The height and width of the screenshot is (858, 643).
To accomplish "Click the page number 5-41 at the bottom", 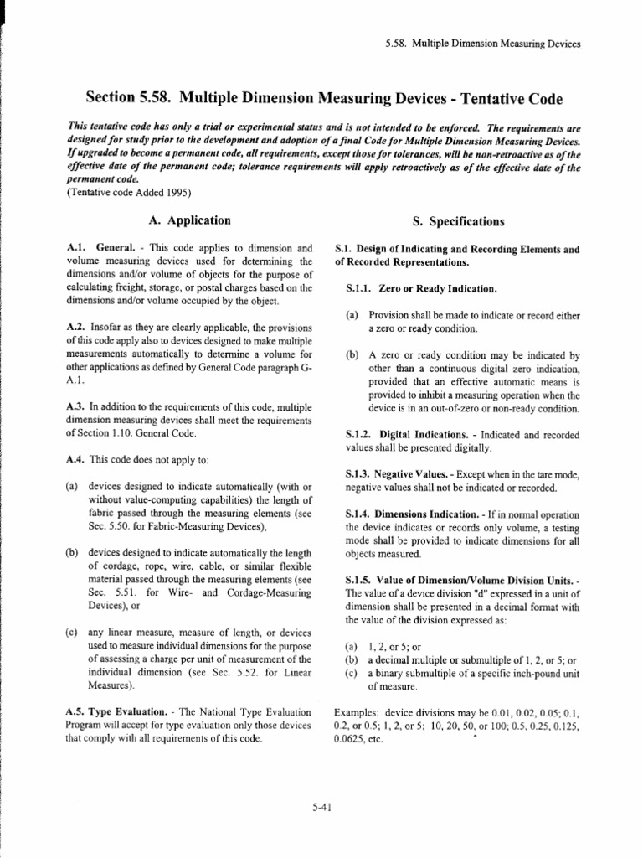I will (321, 808).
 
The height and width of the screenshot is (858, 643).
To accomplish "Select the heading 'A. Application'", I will (188, 221).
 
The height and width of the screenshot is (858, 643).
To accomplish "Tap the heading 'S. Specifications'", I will (458, 222).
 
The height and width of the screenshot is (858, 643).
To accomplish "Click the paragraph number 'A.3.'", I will (75, 406).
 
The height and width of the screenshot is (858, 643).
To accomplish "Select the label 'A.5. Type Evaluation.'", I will (111, 712).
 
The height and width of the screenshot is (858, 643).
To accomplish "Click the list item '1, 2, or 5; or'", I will (397, 647).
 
